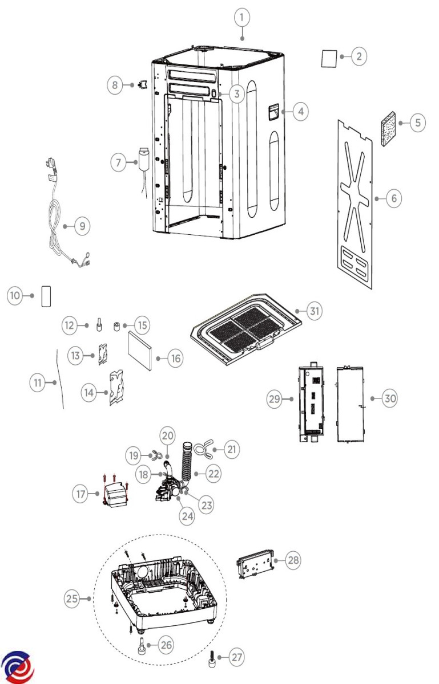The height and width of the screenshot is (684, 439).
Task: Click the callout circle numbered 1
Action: click(x=242, y=18)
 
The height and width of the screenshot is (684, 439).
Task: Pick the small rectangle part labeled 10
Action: click(x=46, y=295)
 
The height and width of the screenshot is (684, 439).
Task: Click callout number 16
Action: click(x=175, y=358)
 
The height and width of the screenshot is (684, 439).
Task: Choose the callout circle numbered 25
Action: click(x=71, y=598)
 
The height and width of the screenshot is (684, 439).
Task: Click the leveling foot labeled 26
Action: click(x=141, y=648)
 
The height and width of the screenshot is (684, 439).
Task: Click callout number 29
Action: click(x=275, y=399)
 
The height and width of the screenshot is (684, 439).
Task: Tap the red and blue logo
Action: click(x=17, y=665)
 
